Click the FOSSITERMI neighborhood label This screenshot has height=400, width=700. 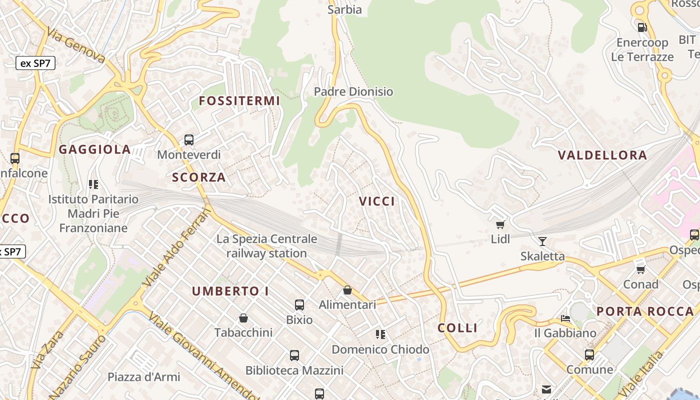(x=239, y=101)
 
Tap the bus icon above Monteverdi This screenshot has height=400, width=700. (x=189, y=140)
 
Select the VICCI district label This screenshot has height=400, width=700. (x=377, y=201)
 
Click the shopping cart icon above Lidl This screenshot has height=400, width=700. (x=500, y=224)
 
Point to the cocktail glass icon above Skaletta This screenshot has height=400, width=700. (x=542, y=241)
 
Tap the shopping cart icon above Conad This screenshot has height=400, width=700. (x=640, y=269)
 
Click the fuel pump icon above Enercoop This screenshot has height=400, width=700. (x=642, y=27)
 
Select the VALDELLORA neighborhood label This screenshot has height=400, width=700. (x=602, y=155)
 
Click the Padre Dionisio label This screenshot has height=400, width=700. (x=353, y=92)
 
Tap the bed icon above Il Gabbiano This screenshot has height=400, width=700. (x=565, y=318)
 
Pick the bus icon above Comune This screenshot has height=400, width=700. (x=589, y=355)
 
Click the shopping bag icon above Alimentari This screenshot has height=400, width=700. (x=347, y=290)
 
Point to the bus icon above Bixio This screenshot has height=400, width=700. (x=299, y=305)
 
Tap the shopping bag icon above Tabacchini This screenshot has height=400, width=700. (x=243, y=318)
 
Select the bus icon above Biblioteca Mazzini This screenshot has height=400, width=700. (x=294, y=355)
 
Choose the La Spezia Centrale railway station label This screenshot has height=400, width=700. (x=266, y=246)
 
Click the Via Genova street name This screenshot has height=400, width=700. (x=76, y=45)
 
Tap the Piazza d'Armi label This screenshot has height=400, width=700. (x=144, y=377)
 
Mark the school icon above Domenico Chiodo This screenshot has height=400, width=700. (x=380, y=334)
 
